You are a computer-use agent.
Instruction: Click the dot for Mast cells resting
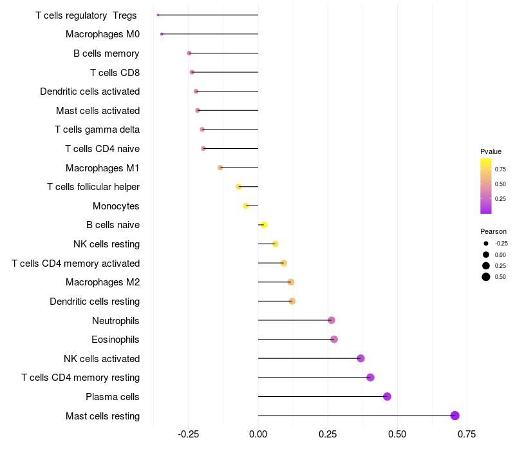(x=455, y=416)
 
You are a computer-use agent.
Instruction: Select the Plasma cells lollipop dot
(x=387, y=396)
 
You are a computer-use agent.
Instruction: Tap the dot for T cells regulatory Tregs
(x=158, y=15)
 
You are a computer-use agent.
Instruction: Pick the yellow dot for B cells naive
(x=264, y=225)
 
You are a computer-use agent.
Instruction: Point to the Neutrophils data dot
(x=332, y=320)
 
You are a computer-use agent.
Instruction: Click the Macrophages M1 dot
(x=220, y=168)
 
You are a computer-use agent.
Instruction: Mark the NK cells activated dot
(x=360, y=358)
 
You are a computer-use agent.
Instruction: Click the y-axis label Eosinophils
(x=116, y=340)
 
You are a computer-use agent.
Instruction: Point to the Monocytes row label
(x=116, y=206)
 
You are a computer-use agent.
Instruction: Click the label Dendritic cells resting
(x=95, y=302)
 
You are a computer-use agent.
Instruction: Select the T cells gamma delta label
(x=97, y=130)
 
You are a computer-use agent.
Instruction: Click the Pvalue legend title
(x=491, y=151)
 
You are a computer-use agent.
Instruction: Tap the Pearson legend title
(x=493, y=231)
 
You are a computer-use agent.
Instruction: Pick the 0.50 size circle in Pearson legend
(x=486, y=277)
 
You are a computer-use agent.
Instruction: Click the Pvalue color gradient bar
(x=486, y=186)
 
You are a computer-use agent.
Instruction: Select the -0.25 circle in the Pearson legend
(x=486, y=244)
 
